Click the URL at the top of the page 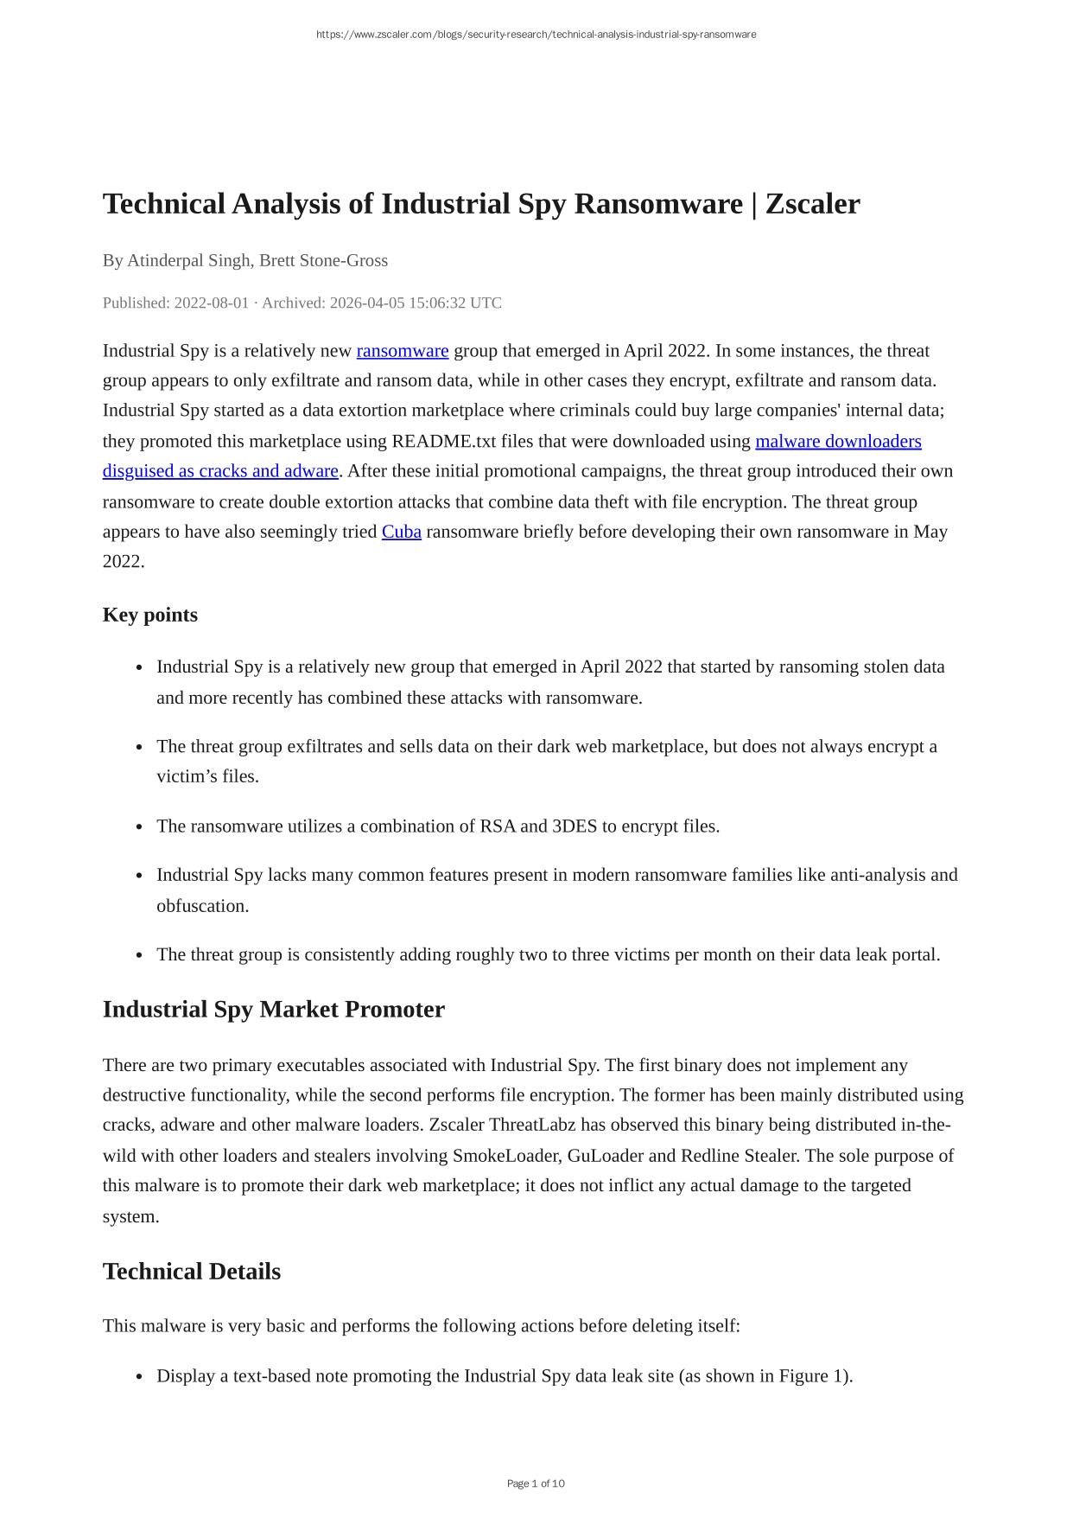coord(536,35)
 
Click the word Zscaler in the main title coord(812,204)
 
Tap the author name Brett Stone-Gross coord(323,260)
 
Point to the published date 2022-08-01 coord(211,303)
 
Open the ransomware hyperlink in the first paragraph coord(402,351)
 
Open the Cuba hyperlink coord(401,532)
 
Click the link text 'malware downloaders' coord(837,442)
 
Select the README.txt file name coord(444,442)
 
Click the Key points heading coord(149,615)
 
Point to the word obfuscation coord(201,906)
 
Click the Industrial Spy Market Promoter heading coord(273,1010)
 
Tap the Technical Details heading coord(191,1272)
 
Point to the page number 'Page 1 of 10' coord(536,1483)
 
